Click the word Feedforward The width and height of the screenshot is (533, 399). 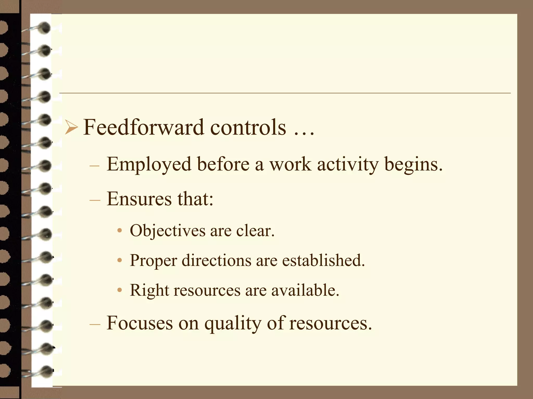click(143, 127)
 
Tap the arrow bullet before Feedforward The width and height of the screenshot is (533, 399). click(71, 128)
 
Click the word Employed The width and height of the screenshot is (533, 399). click(149, 164)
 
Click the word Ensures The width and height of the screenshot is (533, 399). click(139, 199)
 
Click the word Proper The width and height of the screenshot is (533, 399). click(153, 261)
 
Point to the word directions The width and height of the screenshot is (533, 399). click(216, 260)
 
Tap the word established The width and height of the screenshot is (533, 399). click(323, 260)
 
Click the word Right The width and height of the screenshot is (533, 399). click(149, 290)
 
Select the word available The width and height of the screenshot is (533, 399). click(305, 290)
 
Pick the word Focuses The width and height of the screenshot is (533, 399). click(140, 323)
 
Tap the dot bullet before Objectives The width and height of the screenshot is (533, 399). click(119, 230)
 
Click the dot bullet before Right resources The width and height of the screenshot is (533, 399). click(119, 290)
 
